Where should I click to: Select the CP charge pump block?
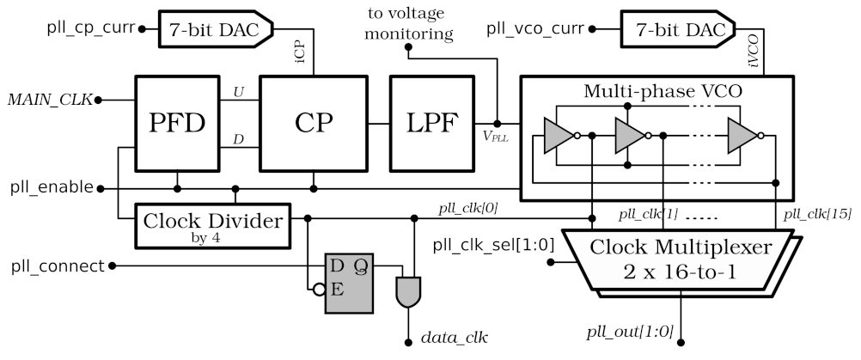[313, 123]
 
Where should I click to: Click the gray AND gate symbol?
[406, 293]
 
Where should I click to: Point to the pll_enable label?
[47, 187]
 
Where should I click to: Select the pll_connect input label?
[52, 265]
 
